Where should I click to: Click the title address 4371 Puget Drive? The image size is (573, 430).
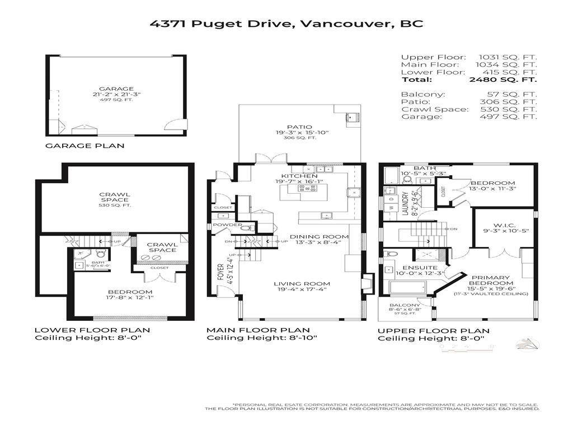pos(223,24)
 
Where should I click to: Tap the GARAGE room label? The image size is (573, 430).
pos(116,88)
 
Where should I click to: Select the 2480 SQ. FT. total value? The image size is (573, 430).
pos(503,80)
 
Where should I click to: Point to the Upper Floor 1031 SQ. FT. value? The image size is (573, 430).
pos(507,57)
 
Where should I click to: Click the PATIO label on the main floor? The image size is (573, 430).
pos(301,127)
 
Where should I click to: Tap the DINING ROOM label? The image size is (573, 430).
pos(319,237)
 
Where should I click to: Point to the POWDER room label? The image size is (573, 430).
pos(231,225)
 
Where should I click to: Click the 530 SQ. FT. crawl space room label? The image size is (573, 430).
pos(114,205)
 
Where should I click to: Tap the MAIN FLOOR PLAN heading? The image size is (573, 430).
pos(258,330)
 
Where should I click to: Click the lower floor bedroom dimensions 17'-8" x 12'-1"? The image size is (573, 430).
pos(130,298)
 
